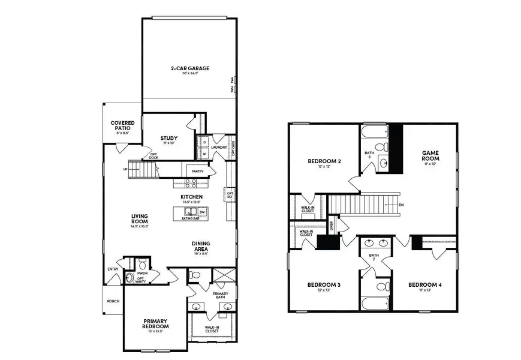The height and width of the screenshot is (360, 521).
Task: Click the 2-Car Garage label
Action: (x=189, y=68)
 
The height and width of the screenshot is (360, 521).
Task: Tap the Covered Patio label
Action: (x=122, y=125)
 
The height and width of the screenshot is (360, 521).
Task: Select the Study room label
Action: (x=169, y=139)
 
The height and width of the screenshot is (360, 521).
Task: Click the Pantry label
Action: (x=197, y=172)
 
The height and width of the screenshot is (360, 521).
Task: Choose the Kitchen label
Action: (x=191, y=197)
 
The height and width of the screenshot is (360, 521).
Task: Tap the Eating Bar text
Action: (x=191, y=219)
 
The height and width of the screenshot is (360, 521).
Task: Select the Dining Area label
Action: (x=201, y=246)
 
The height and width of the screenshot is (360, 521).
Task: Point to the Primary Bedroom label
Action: (x=155, y=323)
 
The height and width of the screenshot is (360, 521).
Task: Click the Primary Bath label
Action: (x=220, y=295)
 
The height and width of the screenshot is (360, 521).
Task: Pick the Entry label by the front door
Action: (x=113, y=269)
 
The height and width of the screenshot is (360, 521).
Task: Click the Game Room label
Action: (x=430, y=155)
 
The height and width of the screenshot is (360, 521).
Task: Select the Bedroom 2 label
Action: (x=324, y=161)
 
